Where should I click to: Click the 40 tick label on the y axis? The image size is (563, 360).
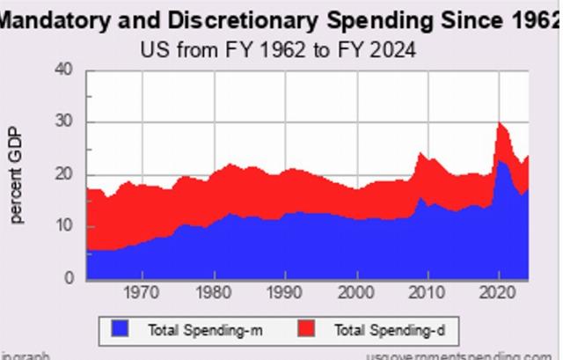pyautogui.click(x=65, y=70)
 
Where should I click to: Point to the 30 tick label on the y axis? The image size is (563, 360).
pyautogui.click(x=65, y=122)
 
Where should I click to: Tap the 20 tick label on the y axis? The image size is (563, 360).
pyautogui.click(x=65, y=174)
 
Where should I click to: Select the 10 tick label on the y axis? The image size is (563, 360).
pyautogui.click(x=65, y=226)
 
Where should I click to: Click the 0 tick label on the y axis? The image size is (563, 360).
pyautogui.click(x=69, y=278)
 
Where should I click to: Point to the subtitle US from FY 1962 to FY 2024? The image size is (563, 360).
pyautogui.click(x=278, y=49)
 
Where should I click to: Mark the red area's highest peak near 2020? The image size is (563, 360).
pyautogui.click(x=500, y=123)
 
